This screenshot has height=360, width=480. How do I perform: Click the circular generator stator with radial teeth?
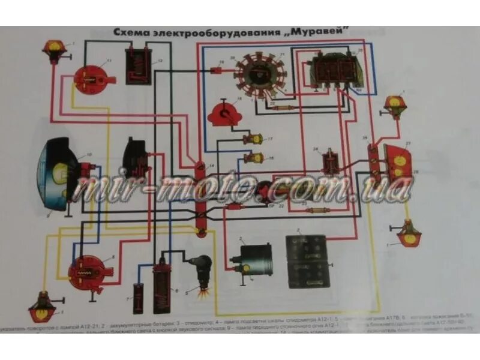[x=256, y=74]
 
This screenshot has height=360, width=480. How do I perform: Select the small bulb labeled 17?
[x=256, y=140]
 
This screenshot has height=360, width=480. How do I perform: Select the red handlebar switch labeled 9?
[x=85, y=271]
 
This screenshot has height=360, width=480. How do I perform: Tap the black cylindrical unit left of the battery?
[x=253, y=259]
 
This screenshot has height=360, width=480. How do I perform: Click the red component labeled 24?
[x=329, y=162]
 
